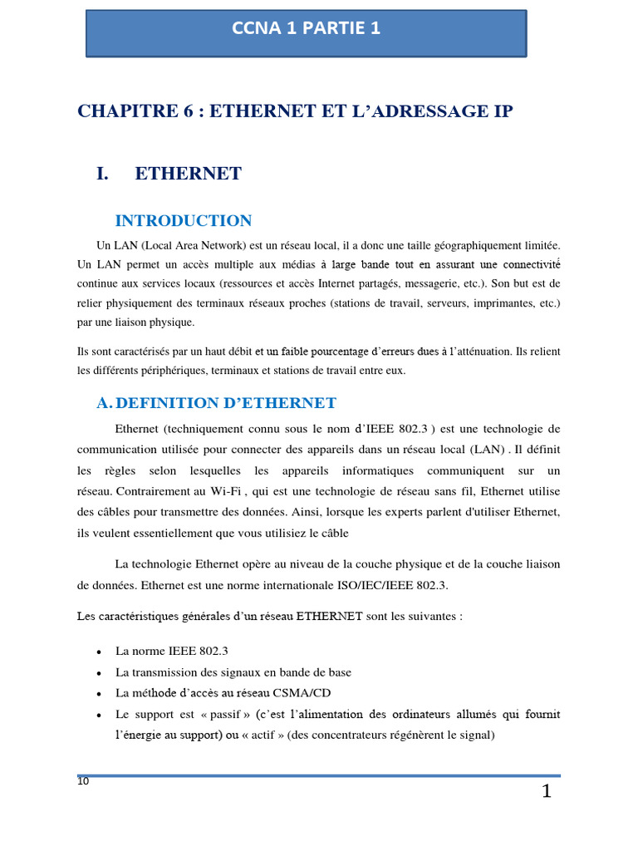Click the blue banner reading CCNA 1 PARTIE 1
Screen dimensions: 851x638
coord(306,29)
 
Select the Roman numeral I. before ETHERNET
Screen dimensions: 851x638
coord(103,174)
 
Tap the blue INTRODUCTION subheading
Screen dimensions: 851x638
coord(183,220)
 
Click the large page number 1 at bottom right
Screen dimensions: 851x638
coord(546,791)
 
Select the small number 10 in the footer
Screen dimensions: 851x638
coord(83,781)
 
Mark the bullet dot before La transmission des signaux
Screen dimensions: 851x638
coord(100,673)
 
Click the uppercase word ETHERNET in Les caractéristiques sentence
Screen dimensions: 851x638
coord(330,616)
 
